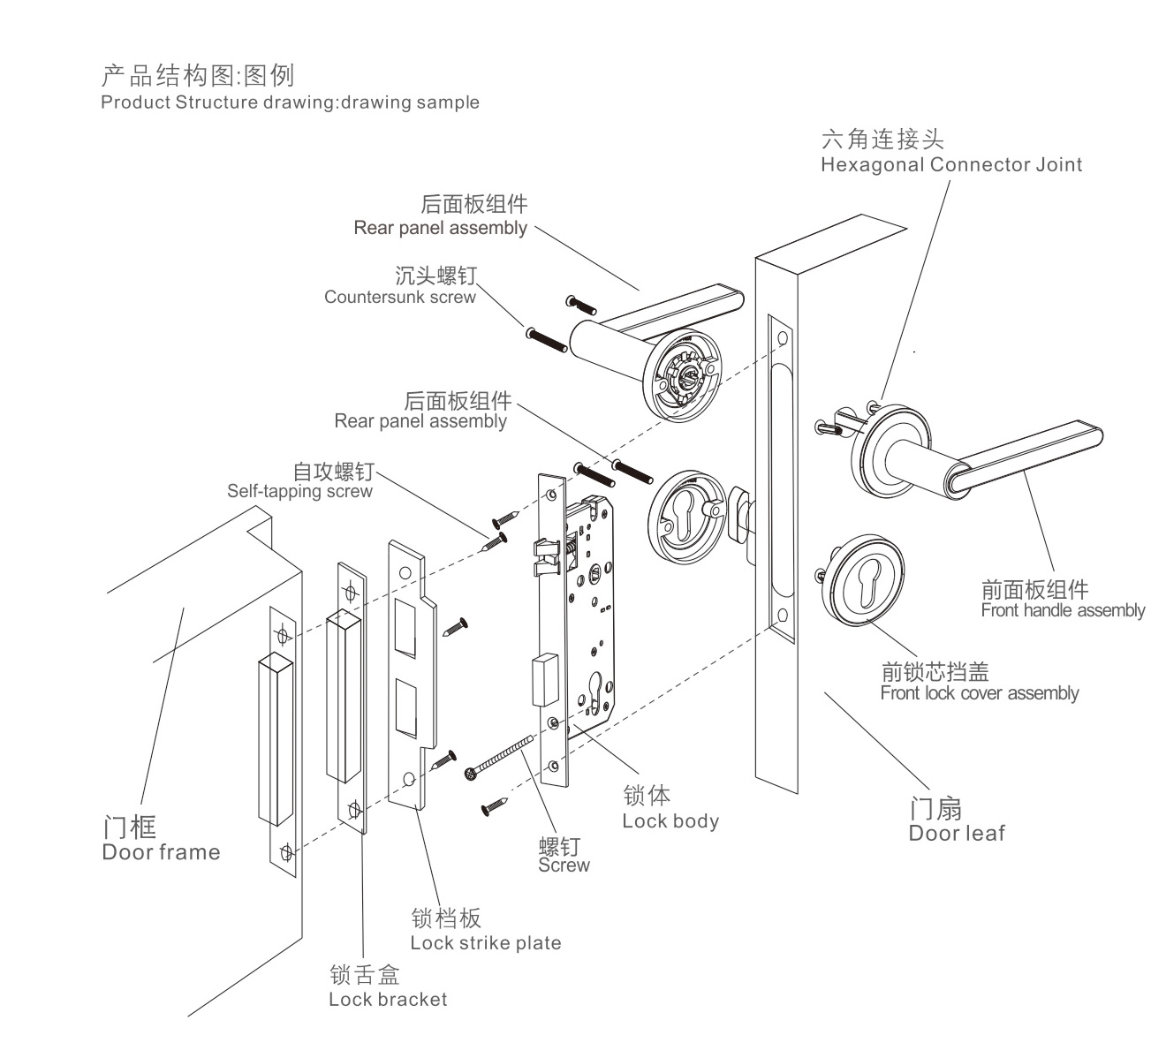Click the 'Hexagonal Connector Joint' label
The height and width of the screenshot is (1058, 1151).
pyautogui.click(x=950, y=164)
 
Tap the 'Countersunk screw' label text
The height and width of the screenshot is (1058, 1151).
pyautogui.click(x=399, y=297)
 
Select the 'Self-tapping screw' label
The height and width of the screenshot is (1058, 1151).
pyautogui.click(x=299, y=491)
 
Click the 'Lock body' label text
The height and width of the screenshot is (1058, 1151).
pyautogui.click(x=670, y=820)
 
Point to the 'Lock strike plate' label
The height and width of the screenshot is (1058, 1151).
pyautogui.click(x=485, y=942)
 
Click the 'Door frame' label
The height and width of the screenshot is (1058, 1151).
pyautogui.click(x=161, y=852)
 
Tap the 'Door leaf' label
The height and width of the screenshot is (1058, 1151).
pyautogui.click(x=956, y=833)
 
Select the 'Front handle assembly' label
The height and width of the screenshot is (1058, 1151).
pyautogui.click(x=1062, y=610)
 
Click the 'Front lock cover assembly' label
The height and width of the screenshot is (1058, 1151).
pyautogui.click(x=979, y=693)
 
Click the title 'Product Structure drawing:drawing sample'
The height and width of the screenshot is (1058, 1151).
pyautogui.click(x=290, y=102)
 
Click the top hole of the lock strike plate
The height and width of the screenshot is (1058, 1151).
pyautogui.click(x=405, y=573)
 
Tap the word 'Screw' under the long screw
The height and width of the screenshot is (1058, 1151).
pyautogui.click(x=564, y=865)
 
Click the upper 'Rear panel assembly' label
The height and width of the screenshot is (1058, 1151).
pyautogui.click(x=440, y=228)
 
